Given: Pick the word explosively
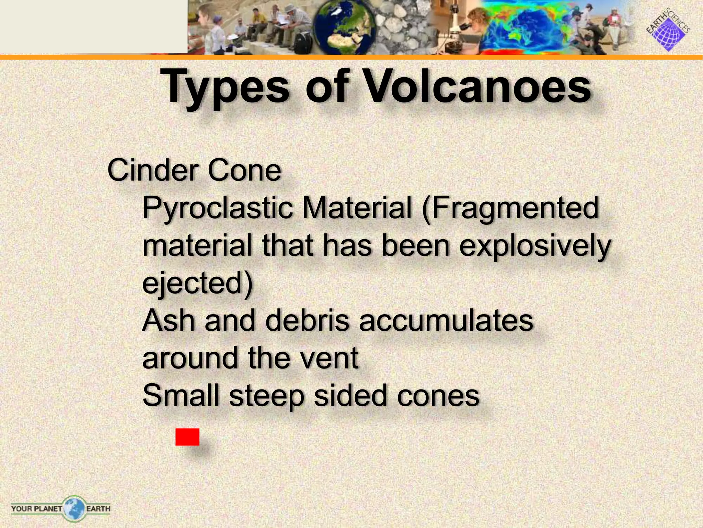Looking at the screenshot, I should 535,246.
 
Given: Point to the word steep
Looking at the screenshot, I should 266,396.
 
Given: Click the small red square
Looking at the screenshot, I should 187,437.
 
